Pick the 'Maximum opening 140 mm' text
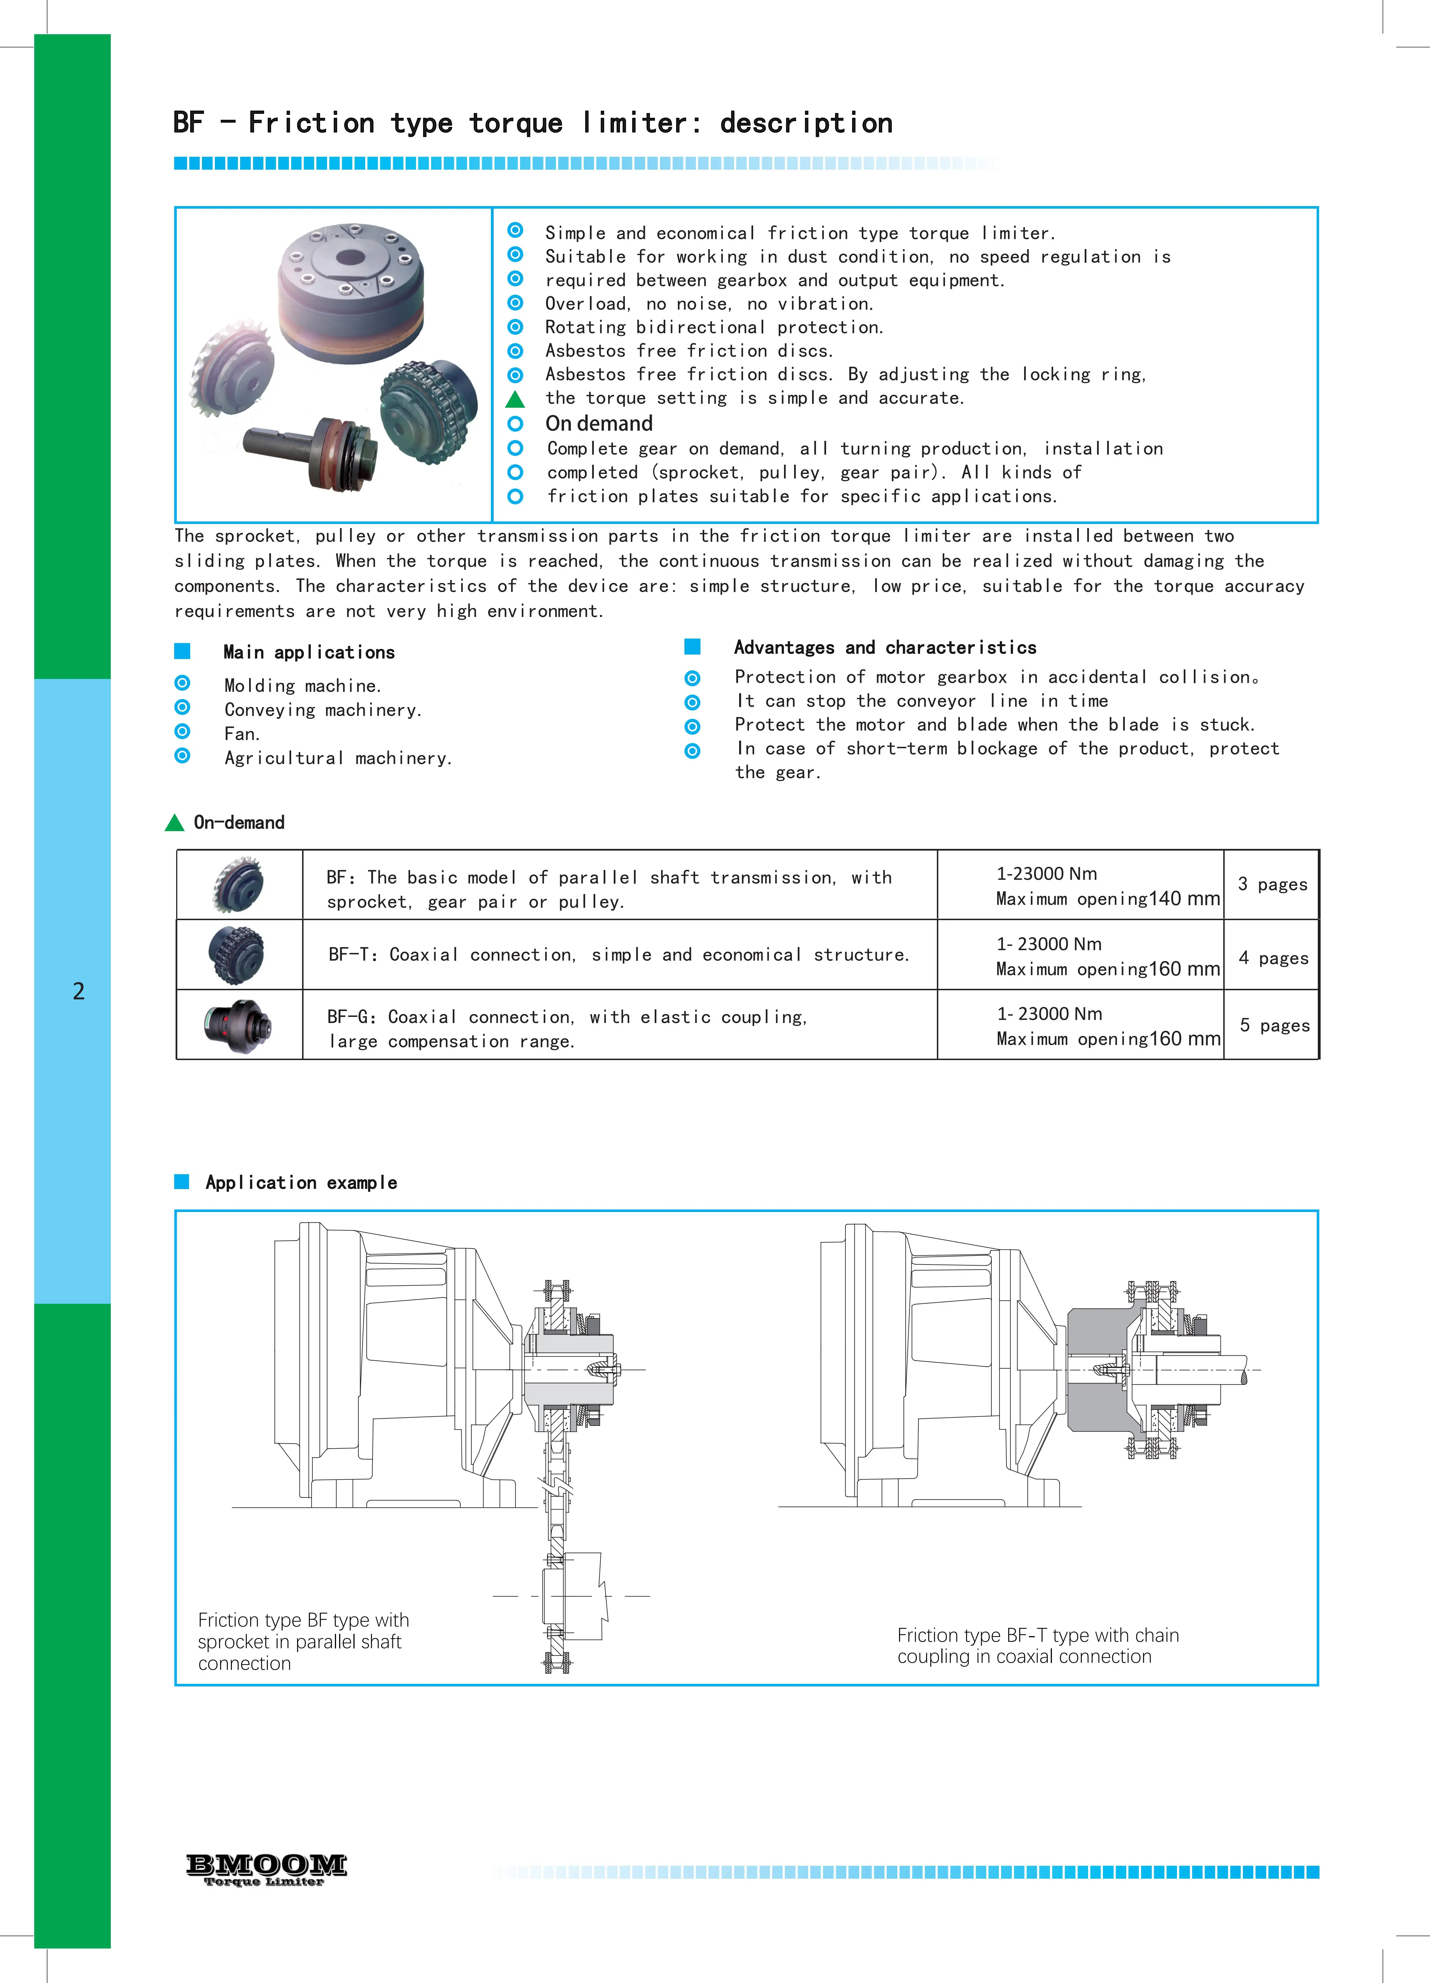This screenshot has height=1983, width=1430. pyautogui.click(x=1107, y=899)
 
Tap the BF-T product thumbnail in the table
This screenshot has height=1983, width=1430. pyautogui.click(x=237, y=955)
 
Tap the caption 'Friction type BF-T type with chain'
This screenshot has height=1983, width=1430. pyautogui.click(x=1037, y=1635)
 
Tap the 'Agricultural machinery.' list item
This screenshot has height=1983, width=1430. pyautogui.click(x=338, y=758)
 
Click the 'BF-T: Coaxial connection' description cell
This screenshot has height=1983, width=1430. pyautogui.click(x=618, y=955)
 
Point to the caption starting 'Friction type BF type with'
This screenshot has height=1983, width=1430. pyautogui.click(x=303, y=1620)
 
